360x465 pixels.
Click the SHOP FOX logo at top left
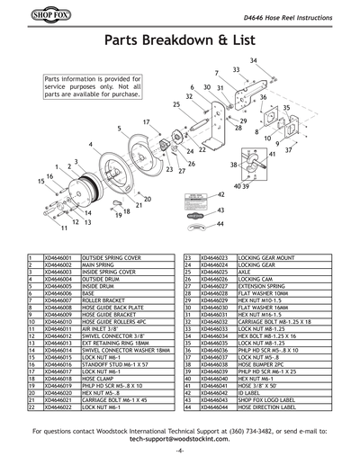[x=30, y=13]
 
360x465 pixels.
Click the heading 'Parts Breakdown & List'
[x=180, y=41]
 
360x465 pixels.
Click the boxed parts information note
[x=93, y=86]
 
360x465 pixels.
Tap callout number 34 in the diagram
[x=254, y=60]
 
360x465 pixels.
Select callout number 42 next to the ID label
[x=220, y=194]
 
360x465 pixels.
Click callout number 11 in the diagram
[x=64, y=229]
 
